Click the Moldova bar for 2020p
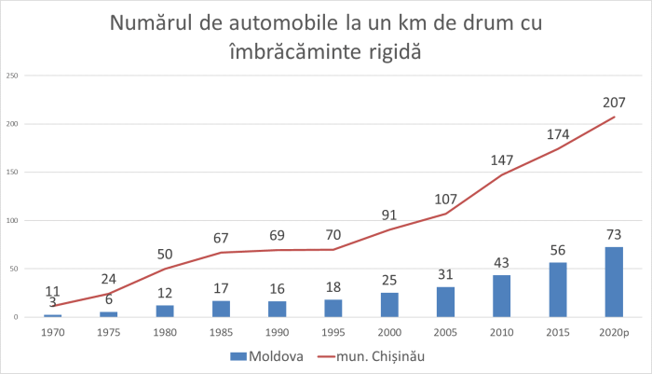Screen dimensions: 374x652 point(614,282)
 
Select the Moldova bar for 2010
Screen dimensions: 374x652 point(501,296)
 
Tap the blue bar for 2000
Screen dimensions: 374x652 point(389,305)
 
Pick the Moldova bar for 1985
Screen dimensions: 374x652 point(221,309)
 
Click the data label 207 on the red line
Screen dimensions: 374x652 point(614,103)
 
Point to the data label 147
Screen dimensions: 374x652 point(502,160)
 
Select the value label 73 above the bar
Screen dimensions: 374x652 point(614,233)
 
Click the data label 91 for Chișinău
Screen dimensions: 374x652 point(389,215)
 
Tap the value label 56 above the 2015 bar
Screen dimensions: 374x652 point(558,249)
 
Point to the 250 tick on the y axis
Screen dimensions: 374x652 point(12,76)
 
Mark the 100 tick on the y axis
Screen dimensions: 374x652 point(12,221)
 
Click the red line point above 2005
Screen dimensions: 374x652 point(445,214)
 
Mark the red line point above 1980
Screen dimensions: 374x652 point(165,269)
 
